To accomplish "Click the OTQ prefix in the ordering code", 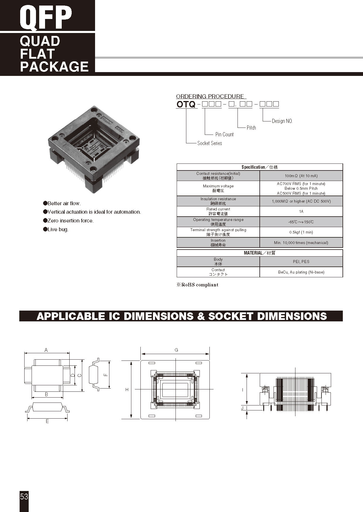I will [186, 104].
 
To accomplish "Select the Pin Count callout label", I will [224, 135].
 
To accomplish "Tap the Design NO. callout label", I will [282, 121].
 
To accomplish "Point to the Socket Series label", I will [209, 143].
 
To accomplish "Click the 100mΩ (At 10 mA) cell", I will [301, 176].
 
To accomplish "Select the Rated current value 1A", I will [301, 211].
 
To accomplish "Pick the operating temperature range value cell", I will [301, 222].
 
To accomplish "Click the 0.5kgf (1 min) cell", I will [301, 232].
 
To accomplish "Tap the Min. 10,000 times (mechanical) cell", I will [301, 243].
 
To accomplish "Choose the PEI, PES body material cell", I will [301, 262].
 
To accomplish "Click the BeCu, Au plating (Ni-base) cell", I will [301, 272].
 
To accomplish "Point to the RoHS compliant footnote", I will [197, 285].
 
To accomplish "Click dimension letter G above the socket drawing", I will [176, 350].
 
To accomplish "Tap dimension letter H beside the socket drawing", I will [127, 390].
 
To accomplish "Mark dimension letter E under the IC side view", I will [47, 422].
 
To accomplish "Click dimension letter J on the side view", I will [242, 408].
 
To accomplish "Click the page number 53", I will [24, 497].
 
